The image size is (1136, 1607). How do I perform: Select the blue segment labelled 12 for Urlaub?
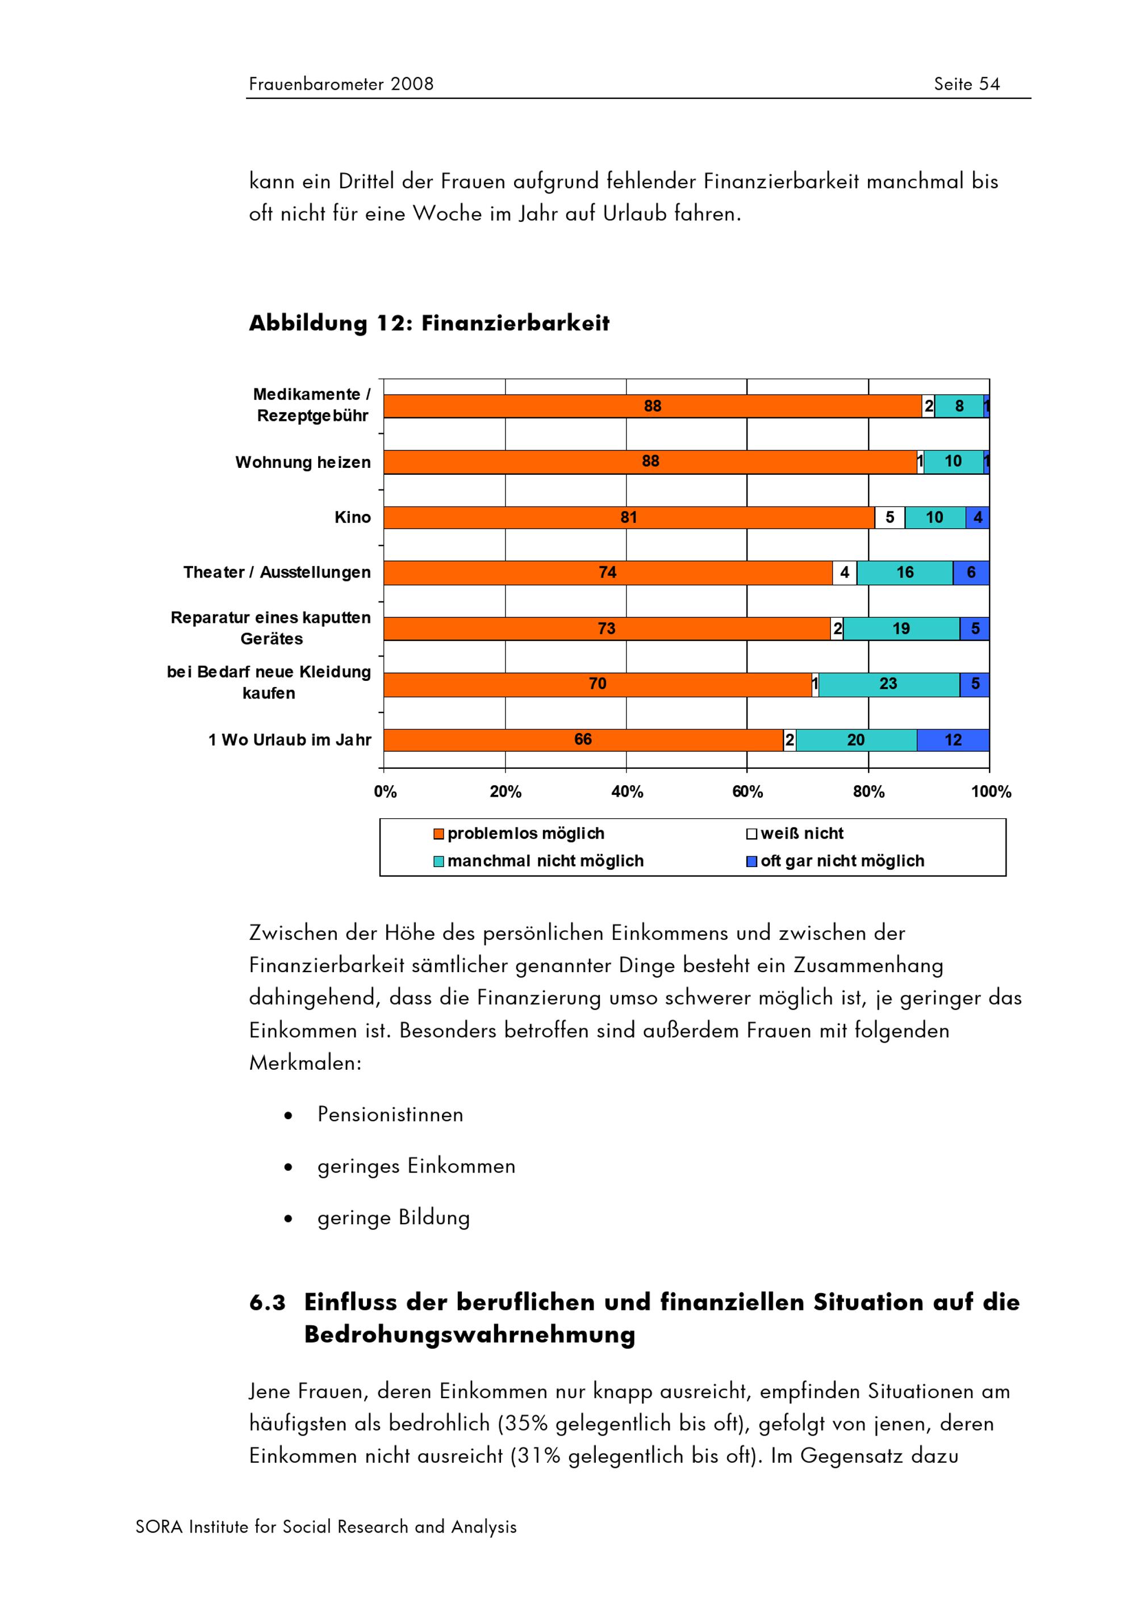click(x=953, y=740)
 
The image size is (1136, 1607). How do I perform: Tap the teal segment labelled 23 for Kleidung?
click(x=888, y=684)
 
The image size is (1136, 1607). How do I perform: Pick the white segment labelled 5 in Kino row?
click(x=889, y=517)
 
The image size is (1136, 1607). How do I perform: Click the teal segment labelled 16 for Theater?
click(x=904, y=572)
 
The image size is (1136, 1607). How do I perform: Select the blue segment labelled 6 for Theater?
click(x=971, y=572)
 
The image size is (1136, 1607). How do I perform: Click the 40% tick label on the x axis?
click(x=627, y=792)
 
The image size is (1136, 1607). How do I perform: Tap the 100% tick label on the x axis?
click(x=991, y=792)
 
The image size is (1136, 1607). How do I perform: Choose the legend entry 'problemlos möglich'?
click(x=525, y=834)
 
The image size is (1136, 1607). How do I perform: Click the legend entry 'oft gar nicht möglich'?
click(x=842, y=861)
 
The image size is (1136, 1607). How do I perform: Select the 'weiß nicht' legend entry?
click(x=801, y=834)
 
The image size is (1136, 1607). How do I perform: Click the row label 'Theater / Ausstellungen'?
click(x=277, y=572)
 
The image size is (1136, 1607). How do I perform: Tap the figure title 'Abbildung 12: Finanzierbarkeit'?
click(x=429, y=323)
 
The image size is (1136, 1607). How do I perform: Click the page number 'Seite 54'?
click(x=967, y=84)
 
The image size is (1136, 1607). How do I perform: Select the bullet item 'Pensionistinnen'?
click(x=390, y=1114)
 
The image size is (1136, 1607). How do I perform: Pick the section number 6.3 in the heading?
click(x=268, y=1303)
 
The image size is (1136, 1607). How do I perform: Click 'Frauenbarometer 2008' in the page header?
click(x=341, y=84)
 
